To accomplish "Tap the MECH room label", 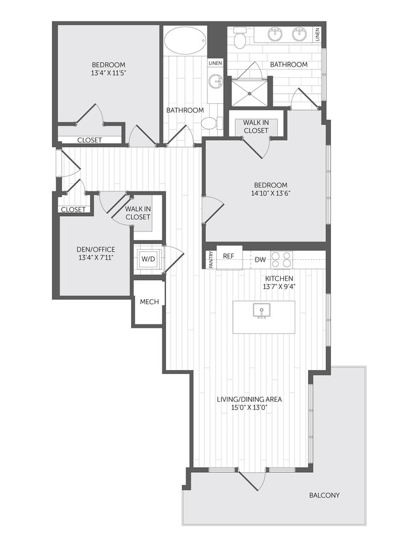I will tap(149, 302).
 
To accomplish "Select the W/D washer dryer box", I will tap(148, 259).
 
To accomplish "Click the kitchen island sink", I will tap(261, 311).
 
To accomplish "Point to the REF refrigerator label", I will tap(229, 257).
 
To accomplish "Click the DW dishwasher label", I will tap(261, 259).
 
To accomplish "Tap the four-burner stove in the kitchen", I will tap(282, 259).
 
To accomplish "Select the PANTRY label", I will tap(210, 260).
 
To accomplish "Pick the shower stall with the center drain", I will tap(250, 91).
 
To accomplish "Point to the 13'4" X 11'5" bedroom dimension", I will tap(108, 74).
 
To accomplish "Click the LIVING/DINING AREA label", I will tap(249, 400).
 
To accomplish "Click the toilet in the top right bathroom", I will tap(240, 39).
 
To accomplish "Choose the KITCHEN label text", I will tap(279, 278).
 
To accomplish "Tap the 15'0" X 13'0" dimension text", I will tap(249, 409).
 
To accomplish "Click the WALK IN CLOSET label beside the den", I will tap(138, 212).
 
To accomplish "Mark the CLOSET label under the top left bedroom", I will tap(89, 140).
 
